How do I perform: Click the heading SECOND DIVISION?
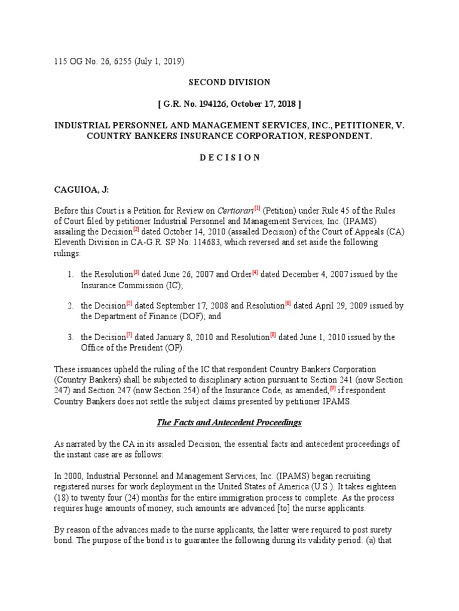point(229,82)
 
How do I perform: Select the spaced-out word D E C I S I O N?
point(229,158)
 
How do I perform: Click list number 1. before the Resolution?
point(70,274)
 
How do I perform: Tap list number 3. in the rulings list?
point(70,338)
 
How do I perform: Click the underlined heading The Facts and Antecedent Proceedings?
point(229,422)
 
